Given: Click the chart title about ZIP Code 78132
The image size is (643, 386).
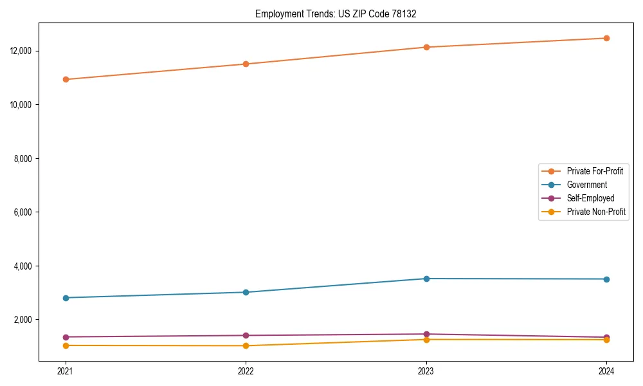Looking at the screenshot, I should coord(336,14).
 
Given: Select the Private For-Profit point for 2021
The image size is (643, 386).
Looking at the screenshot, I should coord(66,79).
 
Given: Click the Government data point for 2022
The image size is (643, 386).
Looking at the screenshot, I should coord(246,292).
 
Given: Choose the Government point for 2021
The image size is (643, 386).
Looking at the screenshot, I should coord(66,298).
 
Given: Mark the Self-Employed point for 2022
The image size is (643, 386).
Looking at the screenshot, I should coord(246,335).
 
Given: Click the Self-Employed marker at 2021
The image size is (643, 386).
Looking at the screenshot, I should coord(66,337).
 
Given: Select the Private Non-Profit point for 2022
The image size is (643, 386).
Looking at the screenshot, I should coord(246,345).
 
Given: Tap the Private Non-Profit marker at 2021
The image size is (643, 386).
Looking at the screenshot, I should coord(66,345).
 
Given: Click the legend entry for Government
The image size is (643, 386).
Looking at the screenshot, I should coord(586,185).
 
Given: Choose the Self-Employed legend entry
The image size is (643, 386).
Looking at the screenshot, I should coord(590,198).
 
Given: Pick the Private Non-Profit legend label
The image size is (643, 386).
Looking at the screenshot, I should coord(596,212).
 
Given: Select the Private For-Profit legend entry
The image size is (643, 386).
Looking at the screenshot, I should coord(595,171).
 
